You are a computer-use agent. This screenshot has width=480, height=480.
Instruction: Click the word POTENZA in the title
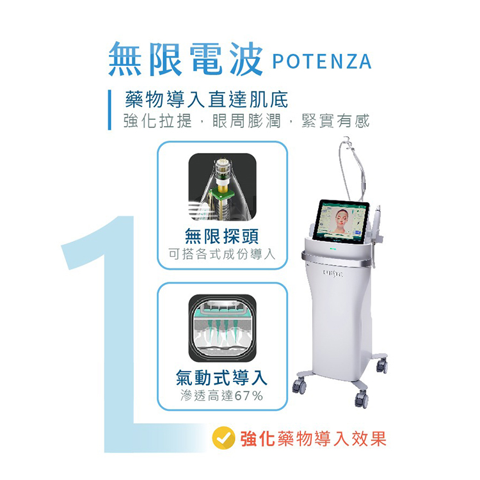click(322, 61)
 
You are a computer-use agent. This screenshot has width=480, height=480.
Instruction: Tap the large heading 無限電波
click(186, 59)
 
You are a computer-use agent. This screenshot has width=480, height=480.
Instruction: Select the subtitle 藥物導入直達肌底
click(207, 99)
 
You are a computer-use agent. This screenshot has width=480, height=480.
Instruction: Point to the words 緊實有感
click(336, 121)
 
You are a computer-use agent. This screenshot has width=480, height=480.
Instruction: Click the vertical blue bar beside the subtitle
click(109, 109)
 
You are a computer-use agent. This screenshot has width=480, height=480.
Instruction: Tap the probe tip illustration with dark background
click(222, 187)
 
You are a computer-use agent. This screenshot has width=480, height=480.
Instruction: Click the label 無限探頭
click(222, 236)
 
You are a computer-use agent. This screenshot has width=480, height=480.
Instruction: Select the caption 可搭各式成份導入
click(222, 254)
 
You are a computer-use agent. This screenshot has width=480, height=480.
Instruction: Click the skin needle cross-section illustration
click(222, 328)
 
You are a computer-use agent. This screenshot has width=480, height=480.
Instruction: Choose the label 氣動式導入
click(221, 378)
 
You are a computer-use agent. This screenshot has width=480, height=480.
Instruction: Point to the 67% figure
click(248, 396)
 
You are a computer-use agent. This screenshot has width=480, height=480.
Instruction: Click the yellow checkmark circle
click(223, 438)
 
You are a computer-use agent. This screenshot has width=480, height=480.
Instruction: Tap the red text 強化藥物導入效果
click(313, 438)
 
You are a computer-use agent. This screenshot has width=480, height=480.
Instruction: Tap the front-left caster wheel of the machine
click(300, 385)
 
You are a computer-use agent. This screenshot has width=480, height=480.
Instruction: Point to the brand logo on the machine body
click(333, 273)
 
